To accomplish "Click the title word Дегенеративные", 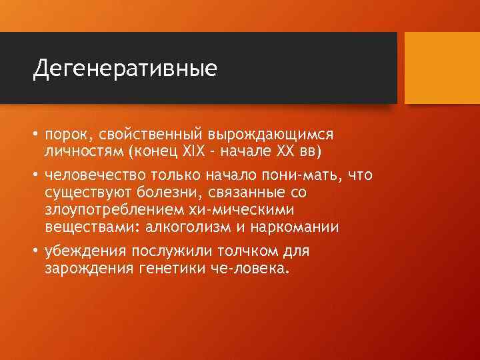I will click(x=125, y=69).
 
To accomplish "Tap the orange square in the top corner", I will click(x=442, y=68).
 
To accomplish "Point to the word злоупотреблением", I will click(x=108, y=210).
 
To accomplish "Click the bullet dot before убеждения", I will click(x=36, y=253).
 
